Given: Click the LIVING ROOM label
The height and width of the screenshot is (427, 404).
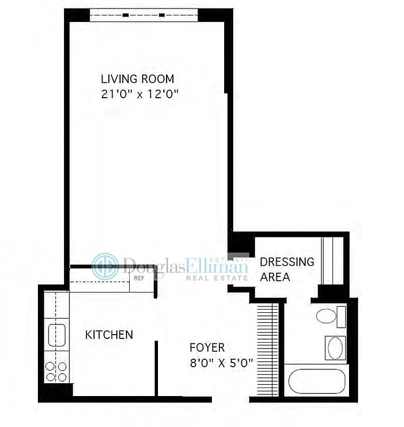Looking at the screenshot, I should point(137,79).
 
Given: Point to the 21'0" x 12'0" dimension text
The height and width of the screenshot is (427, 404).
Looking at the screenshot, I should point(139,94).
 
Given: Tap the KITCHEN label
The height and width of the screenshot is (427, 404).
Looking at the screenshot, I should point(109,335).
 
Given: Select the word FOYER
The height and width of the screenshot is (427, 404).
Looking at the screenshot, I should point(207,347).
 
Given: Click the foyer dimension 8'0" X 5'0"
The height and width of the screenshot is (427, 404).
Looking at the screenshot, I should point(221,363).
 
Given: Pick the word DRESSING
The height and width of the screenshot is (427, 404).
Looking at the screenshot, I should point(287,262).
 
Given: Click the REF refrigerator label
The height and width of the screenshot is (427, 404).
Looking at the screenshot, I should point(139,278).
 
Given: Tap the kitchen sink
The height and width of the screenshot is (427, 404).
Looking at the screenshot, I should point(57,335).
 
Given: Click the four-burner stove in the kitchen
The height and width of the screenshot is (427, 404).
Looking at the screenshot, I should point(56,371).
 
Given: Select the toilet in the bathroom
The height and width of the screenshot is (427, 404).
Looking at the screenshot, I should point(326,317).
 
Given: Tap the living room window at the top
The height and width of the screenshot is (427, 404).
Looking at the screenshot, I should point(144,15).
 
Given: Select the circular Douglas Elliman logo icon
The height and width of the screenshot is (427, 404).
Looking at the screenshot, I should point(105,266).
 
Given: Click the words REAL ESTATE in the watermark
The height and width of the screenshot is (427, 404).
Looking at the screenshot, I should point(217,278).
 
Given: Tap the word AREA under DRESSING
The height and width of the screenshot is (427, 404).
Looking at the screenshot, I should point(275,277).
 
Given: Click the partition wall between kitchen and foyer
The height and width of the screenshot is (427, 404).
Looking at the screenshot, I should point(156,368).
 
